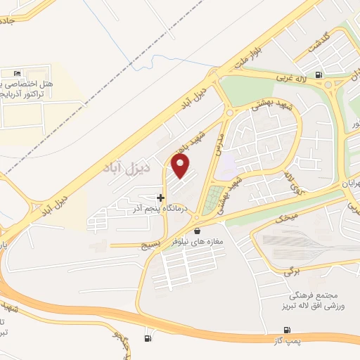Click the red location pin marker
(181, 166)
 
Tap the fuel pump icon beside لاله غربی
(320, 75)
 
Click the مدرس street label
(220, 144)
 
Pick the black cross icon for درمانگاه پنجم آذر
(161, 198)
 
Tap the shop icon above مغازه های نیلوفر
(198, 230)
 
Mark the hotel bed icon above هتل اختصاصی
(17, 72)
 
